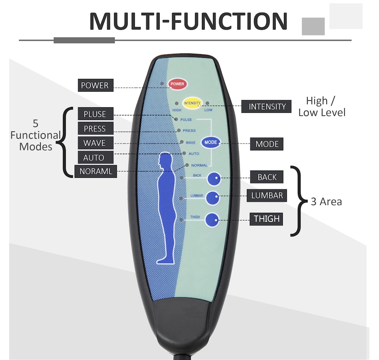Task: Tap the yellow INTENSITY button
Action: [192, 103]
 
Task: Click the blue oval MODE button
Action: [211, 142]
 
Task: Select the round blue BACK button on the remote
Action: [214, 179]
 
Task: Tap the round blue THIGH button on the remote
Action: [212, 220]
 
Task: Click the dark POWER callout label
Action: [95, 85]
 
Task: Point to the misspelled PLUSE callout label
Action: [95, 114]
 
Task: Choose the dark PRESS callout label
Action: [95, 129]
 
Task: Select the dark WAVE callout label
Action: [95, 143]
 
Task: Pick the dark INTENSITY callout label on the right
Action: [267, 106]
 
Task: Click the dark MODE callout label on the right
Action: [267, 144]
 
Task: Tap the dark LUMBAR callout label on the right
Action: [267, 195]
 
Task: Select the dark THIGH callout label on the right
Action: [266, 219]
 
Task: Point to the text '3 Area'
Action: [326, 202]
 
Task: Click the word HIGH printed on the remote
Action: [177, 110]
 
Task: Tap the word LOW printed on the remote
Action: [208, 110]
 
